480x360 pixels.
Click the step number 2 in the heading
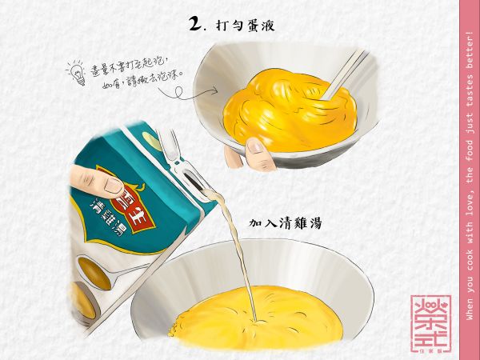[194, 24]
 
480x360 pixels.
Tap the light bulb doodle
[78, 73]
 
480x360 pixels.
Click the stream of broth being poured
[235, 248]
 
